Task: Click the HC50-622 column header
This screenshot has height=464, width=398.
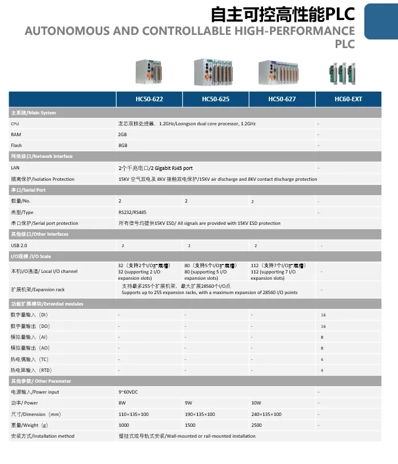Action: (x=149, y=99)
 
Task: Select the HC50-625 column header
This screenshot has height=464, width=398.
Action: (x=216, y=99)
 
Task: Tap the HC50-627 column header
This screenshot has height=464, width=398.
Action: (x=282, y=99)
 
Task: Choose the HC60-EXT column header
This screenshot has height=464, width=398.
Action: (x=348, y=99)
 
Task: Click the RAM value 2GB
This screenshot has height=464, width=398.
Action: (x=122, y=134)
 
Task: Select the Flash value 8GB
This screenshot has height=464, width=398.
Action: (x=122, y=145)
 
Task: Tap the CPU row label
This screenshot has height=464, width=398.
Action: (x=15, y=124)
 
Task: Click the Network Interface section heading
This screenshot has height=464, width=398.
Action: (x=42, y=156)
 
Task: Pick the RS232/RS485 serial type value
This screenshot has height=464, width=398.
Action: (x=132, y=212)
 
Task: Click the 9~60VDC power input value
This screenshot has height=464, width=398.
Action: (x=129, y=392)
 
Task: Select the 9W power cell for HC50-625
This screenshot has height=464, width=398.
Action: (x=189, y=403)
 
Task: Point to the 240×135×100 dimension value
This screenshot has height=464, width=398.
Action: (x=266, y=414)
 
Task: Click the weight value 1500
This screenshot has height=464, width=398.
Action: (x=191, y=425)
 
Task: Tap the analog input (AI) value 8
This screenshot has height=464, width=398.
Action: (x=323, y=337)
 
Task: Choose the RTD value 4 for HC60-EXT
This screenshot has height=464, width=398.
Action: (x=323, y=370)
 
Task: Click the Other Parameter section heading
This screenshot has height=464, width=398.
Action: (x=41, y=381)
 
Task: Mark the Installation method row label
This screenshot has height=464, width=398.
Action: (x=43, y=436)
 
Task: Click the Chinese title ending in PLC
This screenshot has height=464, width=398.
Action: (x=282, y=13)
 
